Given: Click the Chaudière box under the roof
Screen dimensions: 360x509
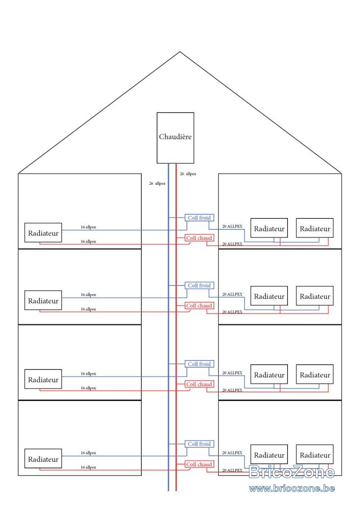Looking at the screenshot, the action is point(175,138).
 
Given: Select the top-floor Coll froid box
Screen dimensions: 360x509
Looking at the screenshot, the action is point(199,218).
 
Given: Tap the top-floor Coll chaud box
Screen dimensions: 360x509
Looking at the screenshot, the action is point(199,238).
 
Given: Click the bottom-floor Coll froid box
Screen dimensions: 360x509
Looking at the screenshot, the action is point(199,444).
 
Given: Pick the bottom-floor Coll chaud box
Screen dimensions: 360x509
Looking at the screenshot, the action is point(199,465).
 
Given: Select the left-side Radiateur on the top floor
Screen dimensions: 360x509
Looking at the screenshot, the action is point(43,232).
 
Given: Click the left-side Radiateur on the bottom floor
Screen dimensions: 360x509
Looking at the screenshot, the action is point(43,459).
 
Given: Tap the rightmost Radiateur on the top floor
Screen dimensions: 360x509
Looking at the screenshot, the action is point(315,228).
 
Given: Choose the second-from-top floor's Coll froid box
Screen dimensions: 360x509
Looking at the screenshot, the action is point(199,286).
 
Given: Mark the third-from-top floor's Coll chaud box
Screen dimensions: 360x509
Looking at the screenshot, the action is point(199,385).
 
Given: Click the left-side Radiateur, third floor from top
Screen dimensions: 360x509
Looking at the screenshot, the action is point(43,379).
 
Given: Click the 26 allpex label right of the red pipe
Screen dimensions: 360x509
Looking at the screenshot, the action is point(188,174).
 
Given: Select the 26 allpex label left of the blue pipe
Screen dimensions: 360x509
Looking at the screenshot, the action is point(157,184).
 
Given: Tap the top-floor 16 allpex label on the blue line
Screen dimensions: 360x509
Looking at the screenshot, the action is point(88,227).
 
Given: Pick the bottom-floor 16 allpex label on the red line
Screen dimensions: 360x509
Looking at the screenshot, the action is point(88,468).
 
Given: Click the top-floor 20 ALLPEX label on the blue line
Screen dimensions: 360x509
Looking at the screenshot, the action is point(232,226).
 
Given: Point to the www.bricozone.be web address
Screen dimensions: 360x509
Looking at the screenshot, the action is point(292,489).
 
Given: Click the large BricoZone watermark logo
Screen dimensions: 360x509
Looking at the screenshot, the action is point(292,472).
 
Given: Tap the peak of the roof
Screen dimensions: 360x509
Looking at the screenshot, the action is point(180,52).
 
